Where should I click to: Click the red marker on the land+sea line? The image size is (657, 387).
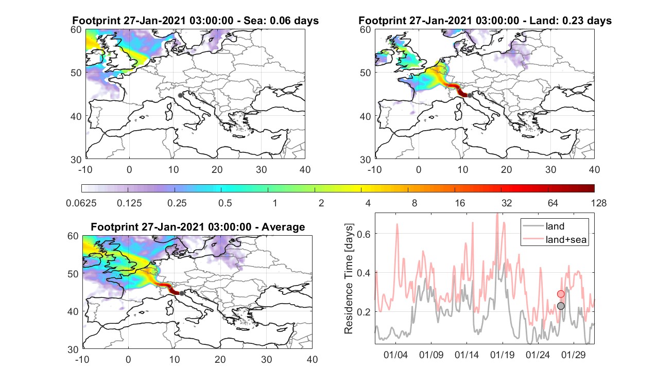561,294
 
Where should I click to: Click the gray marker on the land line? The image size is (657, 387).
561,306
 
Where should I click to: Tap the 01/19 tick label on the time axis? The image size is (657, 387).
502,355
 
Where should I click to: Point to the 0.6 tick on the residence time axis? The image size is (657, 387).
364,234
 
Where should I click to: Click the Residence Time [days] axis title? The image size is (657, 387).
349,278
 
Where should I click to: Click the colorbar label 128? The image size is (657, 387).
599,203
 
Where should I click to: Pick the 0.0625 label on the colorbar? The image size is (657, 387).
81,203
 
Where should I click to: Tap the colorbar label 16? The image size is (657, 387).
460,203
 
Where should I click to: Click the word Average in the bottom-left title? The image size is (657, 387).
283,227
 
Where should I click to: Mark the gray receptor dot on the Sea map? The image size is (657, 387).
180,95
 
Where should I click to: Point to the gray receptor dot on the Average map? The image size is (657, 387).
182,293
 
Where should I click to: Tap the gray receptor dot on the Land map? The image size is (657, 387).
470,95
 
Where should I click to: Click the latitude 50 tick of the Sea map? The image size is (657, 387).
76,73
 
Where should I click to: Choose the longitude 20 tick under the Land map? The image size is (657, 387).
506,169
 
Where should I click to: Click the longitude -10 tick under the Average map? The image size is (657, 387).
82,359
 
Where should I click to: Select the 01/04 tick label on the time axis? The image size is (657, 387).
395,355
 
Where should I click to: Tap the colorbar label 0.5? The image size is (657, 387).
225,203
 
